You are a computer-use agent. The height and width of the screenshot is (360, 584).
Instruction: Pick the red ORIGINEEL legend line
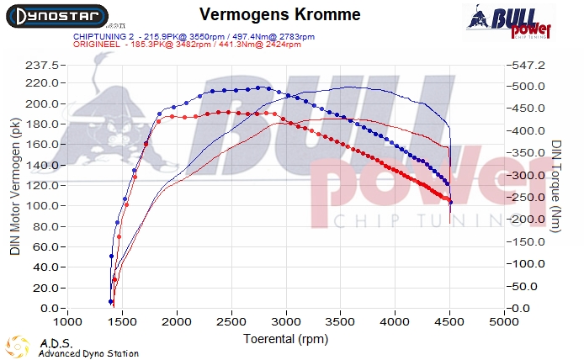[x=187, y=45]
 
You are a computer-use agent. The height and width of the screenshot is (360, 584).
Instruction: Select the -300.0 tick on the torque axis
[x=530, y=175]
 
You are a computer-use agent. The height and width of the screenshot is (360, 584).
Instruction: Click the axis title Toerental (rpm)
[x=286, y=339]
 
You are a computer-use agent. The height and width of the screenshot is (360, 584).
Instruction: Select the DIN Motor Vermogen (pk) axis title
[x=14, y=187]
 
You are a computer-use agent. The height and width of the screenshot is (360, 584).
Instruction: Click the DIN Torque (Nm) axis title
[x=557, y=187]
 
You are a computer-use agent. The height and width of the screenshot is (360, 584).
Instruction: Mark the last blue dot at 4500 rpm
[x=450, y=202]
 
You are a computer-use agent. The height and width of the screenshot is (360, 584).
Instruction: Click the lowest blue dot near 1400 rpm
[x=111, y=301]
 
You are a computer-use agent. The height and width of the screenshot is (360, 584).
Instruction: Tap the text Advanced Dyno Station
[x=88, y=353]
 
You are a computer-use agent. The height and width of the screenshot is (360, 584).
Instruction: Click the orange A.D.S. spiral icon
[x=18, y=347]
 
